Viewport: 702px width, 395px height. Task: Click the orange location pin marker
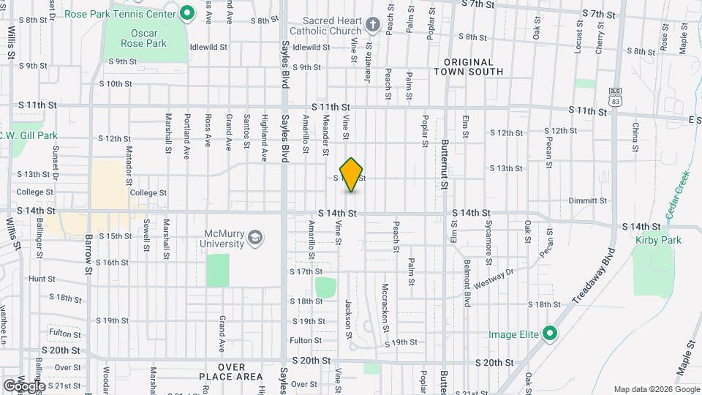[352, 175]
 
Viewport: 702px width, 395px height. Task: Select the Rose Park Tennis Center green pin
[186, 12]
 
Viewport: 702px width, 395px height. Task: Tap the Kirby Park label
[659, 240]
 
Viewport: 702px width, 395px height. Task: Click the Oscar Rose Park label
[149, 38]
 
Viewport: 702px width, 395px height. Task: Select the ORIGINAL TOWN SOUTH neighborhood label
[468, 67]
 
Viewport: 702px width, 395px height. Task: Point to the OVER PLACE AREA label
[230, 371]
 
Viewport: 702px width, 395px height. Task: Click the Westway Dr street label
[494, 277]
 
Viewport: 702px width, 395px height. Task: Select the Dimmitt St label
[588, 200]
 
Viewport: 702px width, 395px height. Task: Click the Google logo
[23, 385]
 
